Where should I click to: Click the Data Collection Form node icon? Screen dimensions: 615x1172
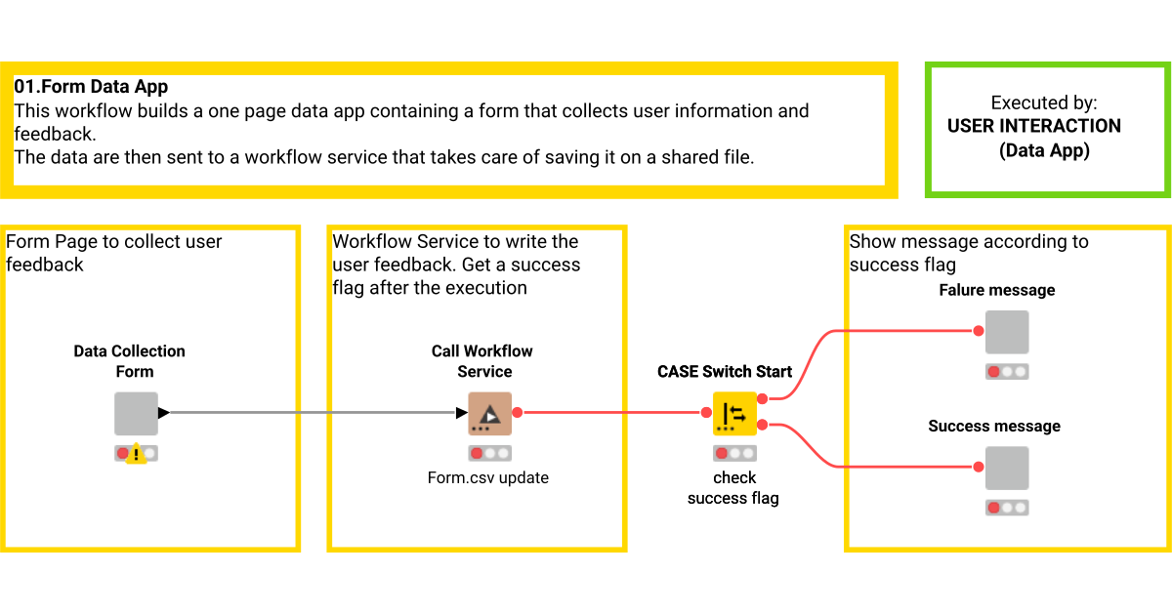(x=136, y=413)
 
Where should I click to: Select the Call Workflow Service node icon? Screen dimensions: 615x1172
(x=489, y=413)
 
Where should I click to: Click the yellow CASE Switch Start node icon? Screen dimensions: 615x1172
(x=734, y=413)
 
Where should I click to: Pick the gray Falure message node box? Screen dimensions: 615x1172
(x=1006, y=332)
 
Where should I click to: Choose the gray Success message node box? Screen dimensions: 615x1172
(x=1006, y=468)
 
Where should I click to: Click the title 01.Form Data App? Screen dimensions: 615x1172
(x=91, y=88)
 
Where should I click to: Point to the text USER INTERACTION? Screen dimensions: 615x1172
(x=1033, y=126)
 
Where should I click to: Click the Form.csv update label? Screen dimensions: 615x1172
(x=488, y=477)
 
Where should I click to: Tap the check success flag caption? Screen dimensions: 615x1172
(x=733, y=488)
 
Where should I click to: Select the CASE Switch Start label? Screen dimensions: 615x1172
(x=725, y=371)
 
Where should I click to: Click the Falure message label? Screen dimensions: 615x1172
(x=996, y=290)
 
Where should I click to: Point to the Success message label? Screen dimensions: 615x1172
(x=994, y=426)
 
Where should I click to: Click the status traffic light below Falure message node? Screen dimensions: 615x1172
(x=1006, y=372)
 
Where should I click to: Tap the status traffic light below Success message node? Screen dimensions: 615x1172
(x=1006, y=508)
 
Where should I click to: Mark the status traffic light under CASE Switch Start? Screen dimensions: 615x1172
(x=734, y=453)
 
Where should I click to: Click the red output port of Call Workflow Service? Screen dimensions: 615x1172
(x=518, y=413)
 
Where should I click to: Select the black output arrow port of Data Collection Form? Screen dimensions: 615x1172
(x=163, y=413)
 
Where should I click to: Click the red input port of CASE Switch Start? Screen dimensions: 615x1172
(x=705, y=413)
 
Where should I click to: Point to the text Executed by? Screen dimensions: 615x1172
(x=1043, y=102)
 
